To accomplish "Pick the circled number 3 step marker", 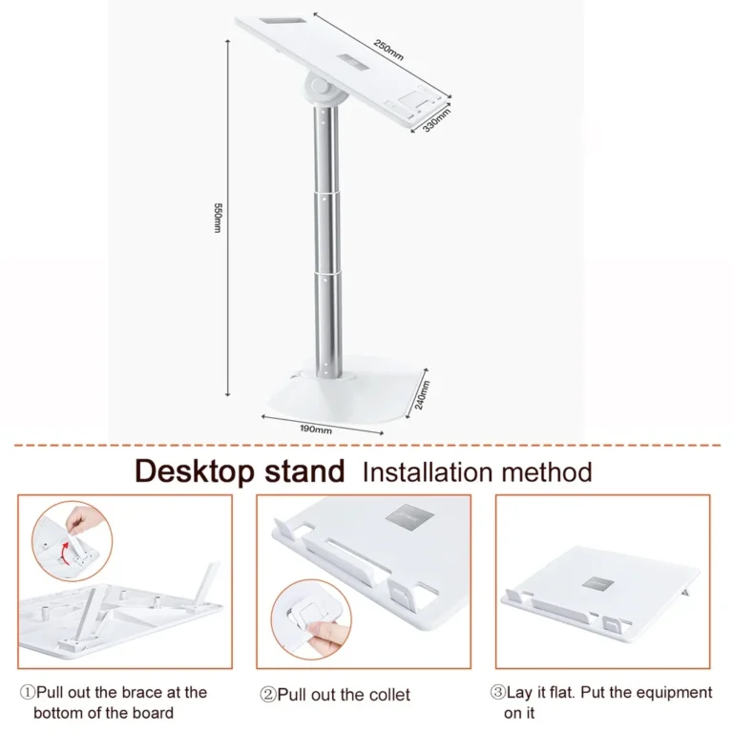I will tap(497, 693).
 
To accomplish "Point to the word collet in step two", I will tap(387, 694).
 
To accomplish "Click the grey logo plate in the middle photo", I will tap(410, 518).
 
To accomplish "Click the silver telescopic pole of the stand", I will tap(325, 239).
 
